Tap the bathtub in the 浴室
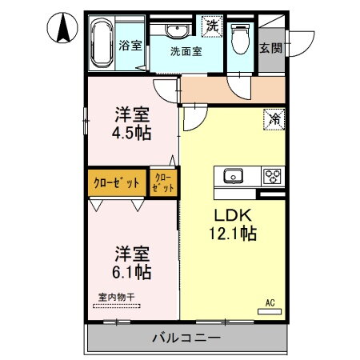click(101, 44)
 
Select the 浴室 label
click(130, 46)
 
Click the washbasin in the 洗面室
click(178, 30)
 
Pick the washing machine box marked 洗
click(213, 26)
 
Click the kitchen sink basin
click(234, 175)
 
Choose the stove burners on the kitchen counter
click(272, 175)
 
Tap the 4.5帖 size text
click(133, 133)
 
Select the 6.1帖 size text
click(132, 272)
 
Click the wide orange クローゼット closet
click(117, 182)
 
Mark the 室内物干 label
click(117, 298)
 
